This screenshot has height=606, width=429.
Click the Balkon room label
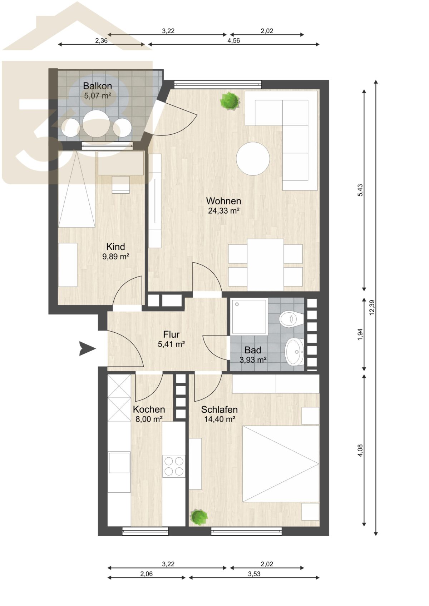(98, 86)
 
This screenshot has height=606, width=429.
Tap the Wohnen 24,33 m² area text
(223, 211)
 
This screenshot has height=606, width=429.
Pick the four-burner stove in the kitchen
(174, 466)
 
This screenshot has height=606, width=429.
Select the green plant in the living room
(230, 101)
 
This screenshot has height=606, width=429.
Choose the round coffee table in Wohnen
(253, 159)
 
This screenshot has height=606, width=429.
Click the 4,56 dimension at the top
(233, 41)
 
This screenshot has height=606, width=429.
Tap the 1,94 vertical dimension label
(360, 334)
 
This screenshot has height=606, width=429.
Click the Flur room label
(171, 334)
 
